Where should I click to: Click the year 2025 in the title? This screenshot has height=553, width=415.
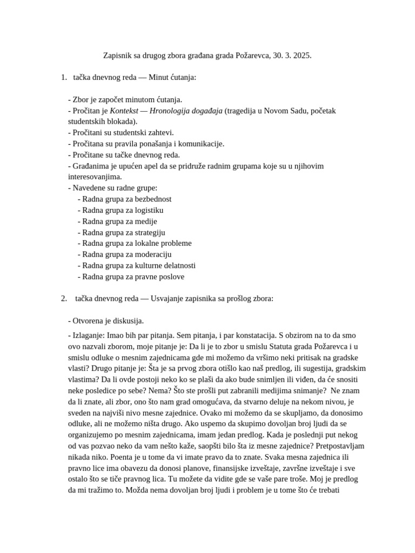point(302,56)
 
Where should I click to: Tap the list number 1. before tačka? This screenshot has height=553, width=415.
point(65,78)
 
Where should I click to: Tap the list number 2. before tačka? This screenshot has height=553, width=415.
point(65,298)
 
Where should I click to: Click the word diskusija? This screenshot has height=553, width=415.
point(126,321)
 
